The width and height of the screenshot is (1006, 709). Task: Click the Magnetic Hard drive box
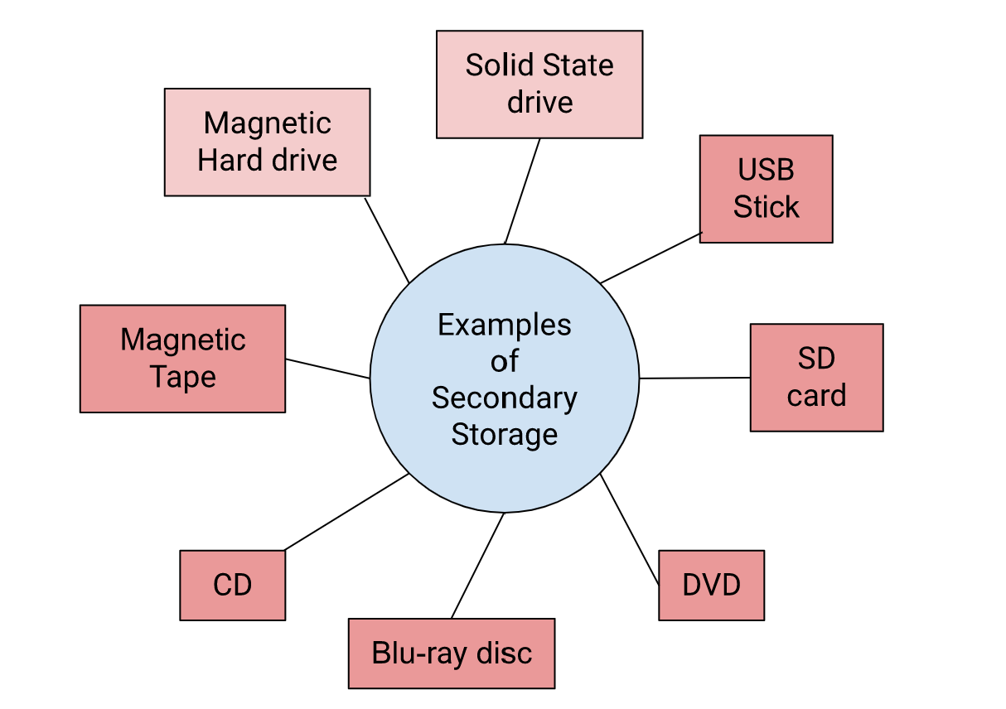click(x=267, y=142)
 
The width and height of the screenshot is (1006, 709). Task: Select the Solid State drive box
click(x=539, y=84)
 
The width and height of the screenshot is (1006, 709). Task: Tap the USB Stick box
click(x=766, y=189)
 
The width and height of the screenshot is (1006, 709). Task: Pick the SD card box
click(x=816, y=377)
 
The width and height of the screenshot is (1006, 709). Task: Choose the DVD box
click(x=711, y=585)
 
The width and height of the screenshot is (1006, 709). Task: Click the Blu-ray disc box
click(x=451, y=653)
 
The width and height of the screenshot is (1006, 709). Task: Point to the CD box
click(x=232, y=585)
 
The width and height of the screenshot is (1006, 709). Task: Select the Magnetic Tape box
click(x=182, y=358)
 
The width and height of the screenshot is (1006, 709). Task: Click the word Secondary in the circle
click(x=504, y=398)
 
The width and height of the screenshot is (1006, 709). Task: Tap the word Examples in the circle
click(x=504, y=325)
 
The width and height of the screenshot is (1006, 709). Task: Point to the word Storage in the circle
click(x=504, y=434)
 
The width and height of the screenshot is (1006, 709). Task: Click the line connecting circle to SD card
click(x=694, y=378)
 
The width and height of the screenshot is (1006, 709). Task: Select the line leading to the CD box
click(x=346, y=512)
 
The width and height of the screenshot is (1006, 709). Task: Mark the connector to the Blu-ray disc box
click(x=477, y=566)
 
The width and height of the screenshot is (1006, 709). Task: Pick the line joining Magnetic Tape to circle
click(x=327, y=369)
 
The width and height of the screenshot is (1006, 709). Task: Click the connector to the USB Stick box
click(x=651, y=258)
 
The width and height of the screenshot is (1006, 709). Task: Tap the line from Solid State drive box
click(x=522, y=191)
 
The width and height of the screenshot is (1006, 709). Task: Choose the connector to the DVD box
click(x=630, y=529)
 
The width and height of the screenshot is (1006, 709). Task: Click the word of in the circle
click(x=504, y=361)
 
